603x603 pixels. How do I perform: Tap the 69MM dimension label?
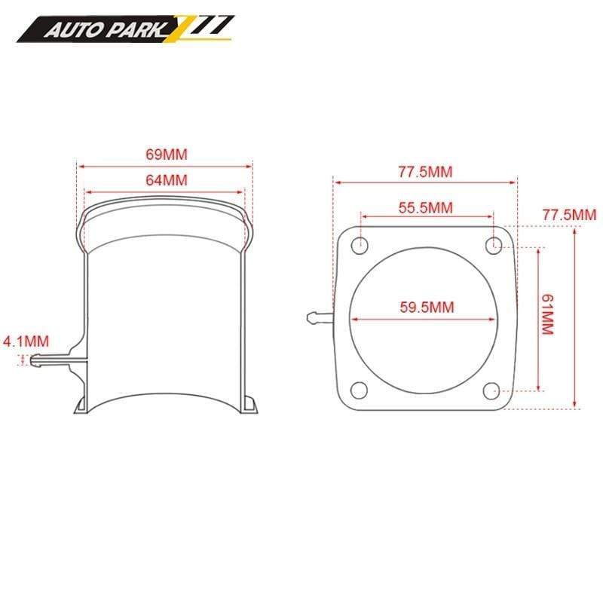pos(166,155)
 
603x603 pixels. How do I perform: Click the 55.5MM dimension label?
pos(426,207)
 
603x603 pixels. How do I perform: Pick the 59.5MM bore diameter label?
pos(426,307)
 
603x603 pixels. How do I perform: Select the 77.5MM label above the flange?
pos(426,172)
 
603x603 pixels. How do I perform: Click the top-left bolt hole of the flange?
pos(360,244)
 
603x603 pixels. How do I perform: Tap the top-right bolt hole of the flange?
pos(494,243)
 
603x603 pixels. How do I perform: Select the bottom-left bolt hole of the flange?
pos(360,390)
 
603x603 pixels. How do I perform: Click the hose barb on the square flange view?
pos(320,315)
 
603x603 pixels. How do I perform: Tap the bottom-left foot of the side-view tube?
pos(81,406)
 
